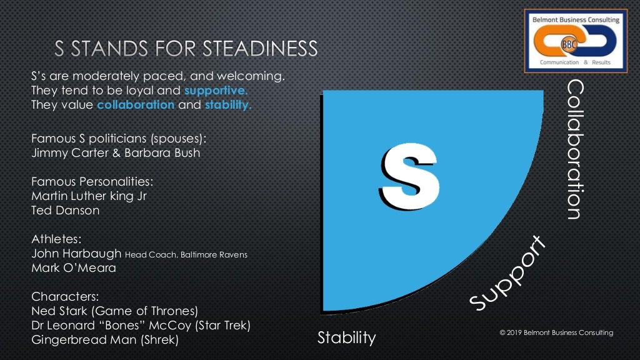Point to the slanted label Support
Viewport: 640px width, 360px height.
(507, 273)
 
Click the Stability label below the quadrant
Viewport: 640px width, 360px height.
(346, 338)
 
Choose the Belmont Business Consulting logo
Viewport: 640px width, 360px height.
(575, 39)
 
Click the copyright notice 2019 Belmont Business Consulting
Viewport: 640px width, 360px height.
(556, 333)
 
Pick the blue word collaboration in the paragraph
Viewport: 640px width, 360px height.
(136, 105)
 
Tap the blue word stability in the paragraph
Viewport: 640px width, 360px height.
(228, 105)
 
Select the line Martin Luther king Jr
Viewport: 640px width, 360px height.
(89, 196)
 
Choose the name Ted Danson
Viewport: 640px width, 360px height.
(65, 210)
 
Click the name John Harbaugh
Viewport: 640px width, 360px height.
(76, 254)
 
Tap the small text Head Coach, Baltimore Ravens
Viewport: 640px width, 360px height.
(178, 254)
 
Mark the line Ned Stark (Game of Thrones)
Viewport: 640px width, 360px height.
(114, 311)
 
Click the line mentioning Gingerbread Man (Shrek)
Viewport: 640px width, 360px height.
(105, 339)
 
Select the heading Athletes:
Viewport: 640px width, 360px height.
(56, 239)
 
